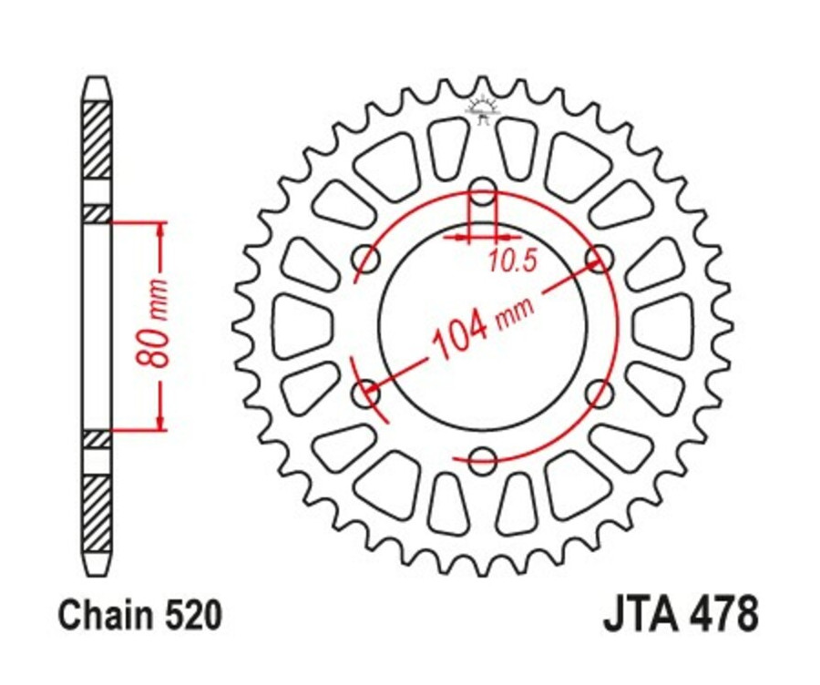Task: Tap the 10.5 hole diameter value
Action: pos(510,263)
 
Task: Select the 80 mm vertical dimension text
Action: pos(156,324)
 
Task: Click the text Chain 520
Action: pos(139,617)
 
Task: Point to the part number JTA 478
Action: pos(680,616)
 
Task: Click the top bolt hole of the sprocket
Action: pos(483,192)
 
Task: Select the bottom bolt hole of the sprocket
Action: pos(483,458)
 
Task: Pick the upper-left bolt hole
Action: pos(367,259)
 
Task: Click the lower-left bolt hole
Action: pos(367,393)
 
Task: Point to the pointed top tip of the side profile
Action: pos(97,80)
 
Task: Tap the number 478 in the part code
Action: pos(723,616)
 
